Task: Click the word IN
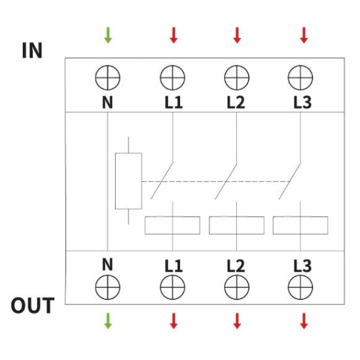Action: click(x=32, y=50)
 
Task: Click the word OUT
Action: click(x=33, y=306)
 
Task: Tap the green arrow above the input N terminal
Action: click(x=108, y=35)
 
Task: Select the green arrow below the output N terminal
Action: click(x=108, y=321)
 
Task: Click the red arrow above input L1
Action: click(x=173, y=35)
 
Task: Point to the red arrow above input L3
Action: click(x=304, y=35)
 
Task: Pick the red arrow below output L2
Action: click(x=237, y=321)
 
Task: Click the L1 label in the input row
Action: click(x=173, y=102)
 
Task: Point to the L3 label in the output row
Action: click(x=302, y=266)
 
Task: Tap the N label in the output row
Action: click(x=107, y=264)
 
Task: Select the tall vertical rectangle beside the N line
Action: click(x=115, y=181)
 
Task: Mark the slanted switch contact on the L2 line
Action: click(x=226, y=181)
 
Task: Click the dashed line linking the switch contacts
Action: click(x=216, y=181)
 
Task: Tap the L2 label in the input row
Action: click(x=236, y=102)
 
